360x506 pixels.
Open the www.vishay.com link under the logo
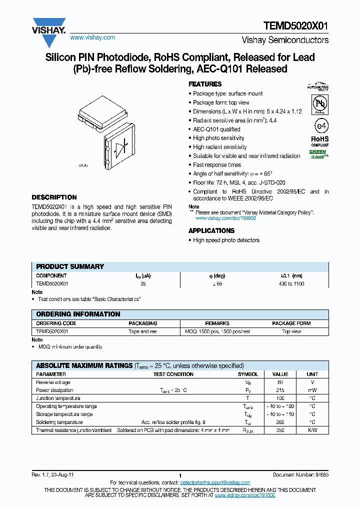point(92,37)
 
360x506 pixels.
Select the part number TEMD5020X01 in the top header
point(295,26)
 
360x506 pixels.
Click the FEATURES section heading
point(205,84)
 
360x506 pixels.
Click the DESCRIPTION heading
point(54,197)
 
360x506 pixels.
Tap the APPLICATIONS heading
point(211,230)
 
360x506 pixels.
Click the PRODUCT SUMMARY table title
point(70,266)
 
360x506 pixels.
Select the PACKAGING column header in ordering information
point(143,323)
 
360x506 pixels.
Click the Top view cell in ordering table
point(291,331)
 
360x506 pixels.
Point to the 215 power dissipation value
point(280,390)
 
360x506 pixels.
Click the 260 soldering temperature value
point(280,422)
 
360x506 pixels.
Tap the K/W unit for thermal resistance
point(312,430)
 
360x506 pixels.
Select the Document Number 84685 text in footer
point(300,475)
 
